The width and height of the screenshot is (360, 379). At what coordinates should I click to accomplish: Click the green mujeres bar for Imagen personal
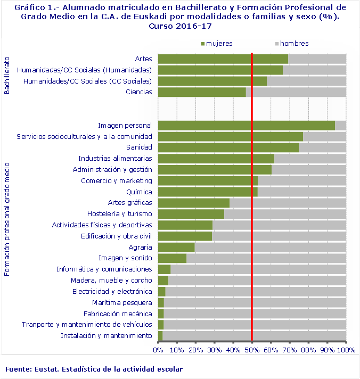(247, 126)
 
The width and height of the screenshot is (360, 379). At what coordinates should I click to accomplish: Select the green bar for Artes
(223, 59)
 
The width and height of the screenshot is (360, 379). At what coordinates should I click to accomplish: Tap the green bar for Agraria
(176, 247)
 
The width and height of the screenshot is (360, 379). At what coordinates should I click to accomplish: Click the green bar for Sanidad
(228, 147)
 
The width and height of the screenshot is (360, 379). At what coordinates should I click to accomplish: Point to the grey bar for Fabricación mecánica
(255, 314)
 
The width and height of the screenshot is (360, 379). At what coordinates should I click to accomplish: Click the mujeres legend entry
(217, 43)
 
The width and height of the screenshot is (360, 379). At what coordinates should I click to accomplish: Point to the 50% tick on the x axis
(252, 350)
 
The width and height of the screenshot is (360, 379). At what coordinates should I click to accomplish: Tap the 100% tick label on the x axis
(346, 350)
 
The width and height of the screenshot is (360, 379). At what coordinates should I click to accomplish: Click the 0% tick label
(158, 350)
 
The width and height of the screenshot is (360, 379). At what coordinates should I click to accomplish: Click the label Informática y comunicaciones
(104, 269)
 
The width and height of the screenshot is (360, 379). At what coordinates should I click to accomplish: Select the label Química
(139, 192)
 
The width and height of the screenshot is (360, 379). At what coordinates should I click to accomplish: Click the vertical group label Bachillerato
(7, 74)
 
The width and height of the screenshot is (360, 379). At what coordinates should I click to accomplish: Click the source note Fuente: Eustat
(94, 369)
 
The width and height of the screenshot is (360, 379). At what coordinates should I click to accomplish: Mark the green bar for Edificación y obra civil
(185, 236)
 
